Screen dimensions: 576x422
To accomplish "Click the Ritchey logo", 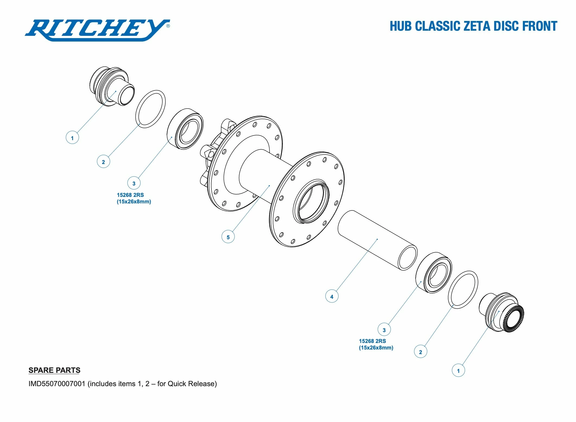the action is [x=97, y=30].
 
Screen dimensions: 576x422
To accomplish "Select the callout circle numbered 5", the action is [x=228, y=237].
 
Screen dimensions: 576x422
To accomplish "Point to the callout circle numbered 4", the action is [x=332, y=296].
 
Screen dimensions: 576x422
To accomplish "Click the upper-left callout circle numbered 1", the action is [x=72, y=138].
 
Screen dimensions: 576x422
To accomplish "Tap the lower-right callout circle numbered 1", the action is [x=458, y=371].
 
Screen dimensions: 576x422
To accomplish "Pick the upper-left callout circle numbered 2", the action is [x=103, y=162].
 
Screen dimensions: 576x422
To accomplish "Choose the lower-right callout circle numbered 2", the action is [x=420, y=352].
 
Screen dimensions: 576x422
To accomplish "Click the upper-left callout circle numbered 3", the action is [x=134, y=183].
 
